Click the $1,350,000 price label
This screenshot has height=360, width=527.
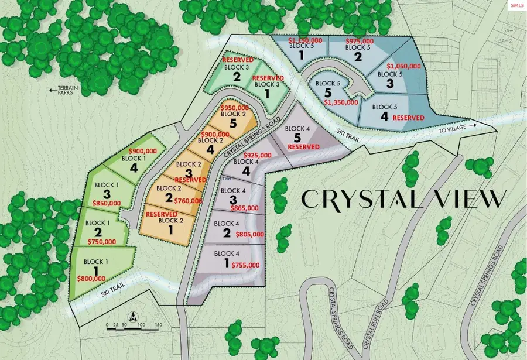tap(341, 102)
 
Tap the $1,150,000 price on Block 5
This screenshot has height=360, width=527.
tap(306, 40)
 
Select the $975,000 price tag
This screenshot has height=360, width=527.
tap(360, 41)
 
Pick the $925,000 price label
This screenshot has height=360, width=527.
tap(258, 155)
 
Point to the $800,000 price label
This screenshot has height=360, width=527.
tap(91, 279)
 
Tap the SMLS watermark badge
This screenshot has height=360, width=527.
tap(516, 5)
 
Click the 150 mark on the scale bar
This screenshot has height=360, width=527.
tap(158, 324)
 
